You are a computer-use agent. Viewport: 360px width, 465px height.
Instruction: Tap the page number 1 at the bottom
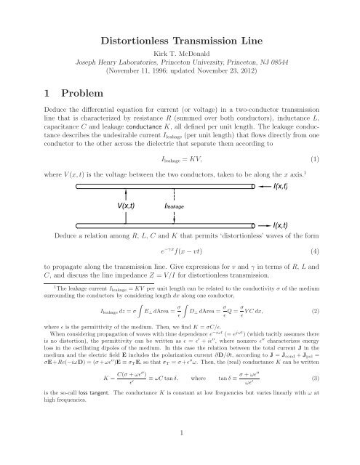pos(180,434)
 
